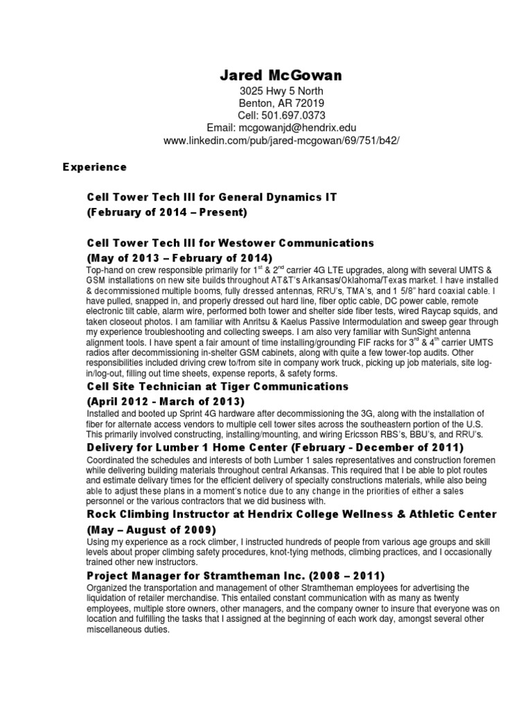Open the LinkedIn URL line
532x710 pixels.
[281, 140]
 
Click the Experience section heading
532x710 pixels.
[95, 167]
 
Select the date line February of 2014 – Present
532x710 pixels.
[167, 213]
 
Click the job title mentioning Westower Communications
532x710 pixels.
[231, 243]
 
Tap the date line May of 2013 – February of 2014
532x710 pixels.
[175, 258]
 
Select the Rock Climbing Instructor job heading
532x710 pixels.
[292, 514]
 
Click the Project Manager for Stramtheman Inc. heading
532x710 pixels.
[236, 576]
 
